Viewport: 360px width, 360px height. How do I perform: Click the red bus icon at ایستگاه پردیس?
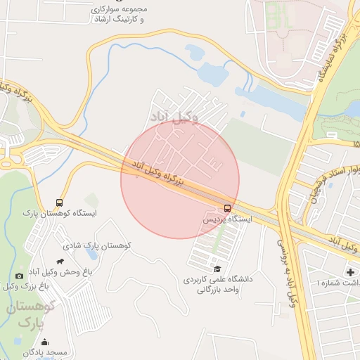click(226, 208)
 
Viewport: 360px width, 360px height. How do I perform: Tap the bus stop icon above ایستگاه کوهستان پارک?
click(60, 202)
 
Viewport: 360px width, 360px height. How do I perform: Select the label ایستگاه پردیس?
click(227, 219)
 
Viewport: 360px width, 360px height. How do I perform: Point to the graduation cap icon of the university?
click(218, 269)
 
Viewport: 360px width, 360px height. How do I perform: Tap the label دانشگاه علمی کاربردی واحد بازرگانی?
click(212, 284)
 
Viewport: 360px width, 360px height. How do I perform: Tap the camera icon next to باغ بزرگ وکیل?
click(18, 276)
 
